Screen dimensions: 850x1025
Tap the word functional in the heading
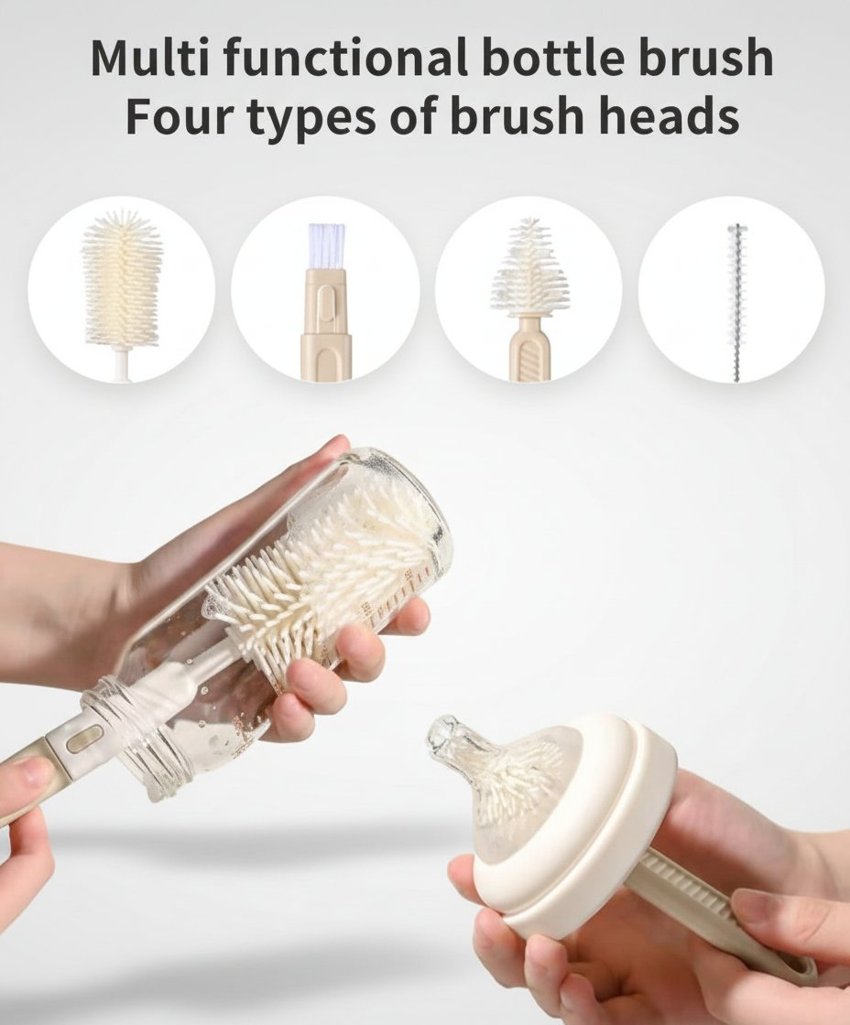pyautogui.click(x=345, y=58)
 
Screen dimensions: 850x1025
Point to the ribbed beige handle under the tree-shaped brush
pyautogui.click(x=529, y=350)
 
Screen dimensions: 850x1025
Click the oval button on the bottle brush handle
pyautogui.click(x=82, y=741)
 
